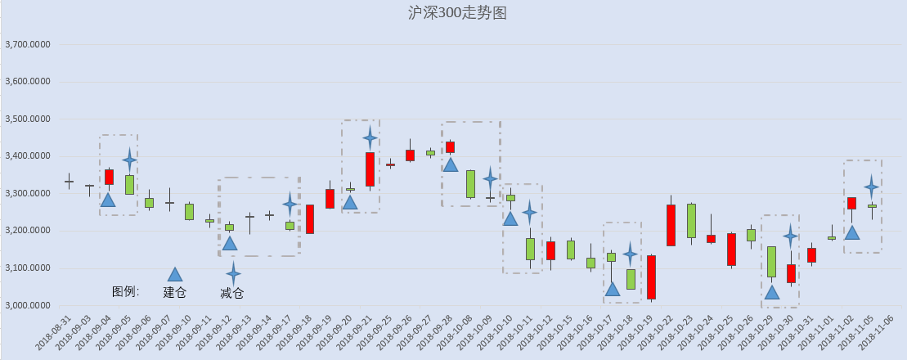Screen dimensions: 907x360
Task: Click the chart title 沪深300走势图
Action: (x=457, y=13)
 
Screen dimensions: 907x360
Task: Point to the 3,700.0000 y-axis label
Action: (x=27, y=44)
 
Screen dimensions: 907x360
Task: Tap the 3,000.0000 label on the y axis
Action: (x=27, y=306)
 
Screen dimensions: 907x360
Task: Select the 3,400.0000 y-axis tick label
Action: (x=27, y=156)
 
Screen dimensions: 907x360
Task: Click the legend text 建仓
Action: (x=175, y=292)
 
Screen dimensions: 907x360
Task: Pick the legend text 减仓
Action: (x=232, y=293)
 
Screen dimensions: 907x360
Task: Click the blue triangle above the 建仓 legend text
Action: (x=175, y=275)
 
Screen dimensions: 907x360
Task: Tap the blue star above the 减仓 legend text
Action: (x=232, y=273)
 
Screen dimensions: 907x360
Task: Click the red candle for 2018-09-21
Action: (x=370, y=169)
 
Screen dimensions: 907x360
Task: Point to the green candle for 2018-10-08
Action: (x=470, y=184)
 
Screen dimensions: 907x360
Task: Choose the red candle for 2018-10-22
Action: (x=671, y=225)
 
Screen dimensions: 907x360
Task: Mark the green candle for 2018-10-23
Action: (x=691, y=221)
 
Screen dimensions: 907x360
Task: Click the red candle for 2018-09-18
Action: (x=310, y=219)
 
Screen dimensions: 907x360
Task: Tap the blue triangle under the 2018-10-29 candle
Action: (x=771, y=292)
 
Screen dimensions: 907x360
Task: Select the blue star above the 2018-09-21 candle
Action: (x=370, y=137)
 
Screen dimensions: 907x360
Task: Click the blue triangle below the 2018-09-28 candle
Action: (x=450, y=164)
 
